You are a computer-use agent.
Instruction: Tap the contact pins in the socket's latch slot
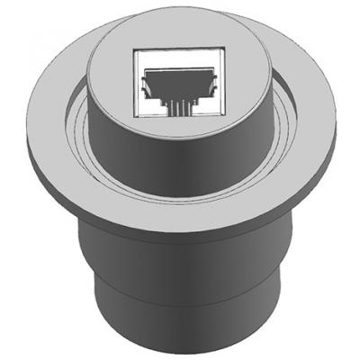tap(179, 101)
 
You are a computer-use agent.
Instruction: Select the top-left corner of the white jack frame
tap(135, 50)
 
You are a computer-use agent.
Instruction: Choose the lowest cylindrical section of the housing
tap(180, 310)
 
